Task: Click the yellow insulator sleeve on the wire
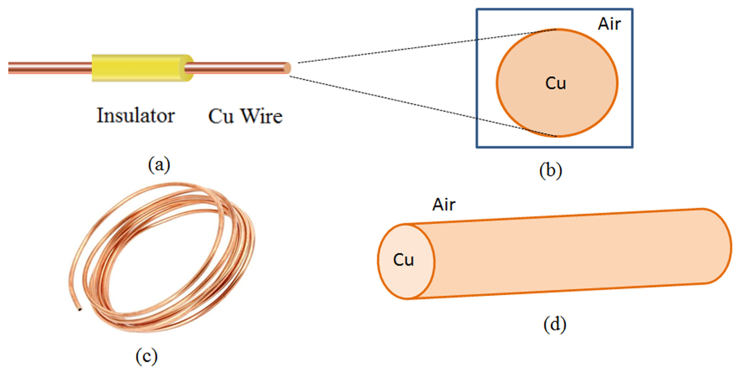pos(139,68)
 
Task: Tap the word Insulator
pos(135,116)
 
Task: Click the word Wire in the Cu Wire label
pos(261,116)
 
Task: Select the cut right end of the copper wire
pos(287,68)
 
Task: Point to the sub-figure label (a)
pos(159,165)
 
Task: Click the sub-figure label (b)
pos(550,170)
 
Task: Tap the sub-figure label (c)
pos(146,356)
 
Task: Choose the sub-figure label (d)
pos(555,324)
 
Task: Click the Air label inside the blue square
pos(609,24)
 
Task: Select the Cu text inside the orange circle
pos(556,83)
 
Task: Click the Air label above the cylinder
pos(444,205)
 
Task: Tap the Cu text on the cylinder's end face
pos(404,260)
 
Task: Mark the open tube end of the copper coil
pos(79,310)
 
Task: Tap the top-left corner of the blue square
pos(477,9)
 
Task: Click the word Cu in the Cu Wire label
pos(221,116)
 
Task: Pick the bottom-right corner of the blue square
pos(632,147)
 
